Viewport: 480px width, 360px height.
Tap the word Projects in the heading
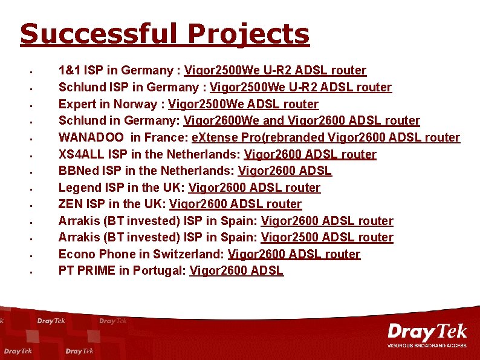248,35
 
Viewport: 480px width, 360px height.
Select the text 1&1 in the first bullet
70,71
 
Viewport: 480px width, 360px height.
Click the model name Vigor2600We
221,121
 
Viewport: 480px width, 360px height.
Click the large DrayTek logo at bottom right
427,332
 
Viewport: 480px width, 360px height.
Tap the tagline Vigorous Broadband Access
427,345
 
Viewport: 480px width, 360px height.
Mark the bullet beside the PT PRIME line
30,272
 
